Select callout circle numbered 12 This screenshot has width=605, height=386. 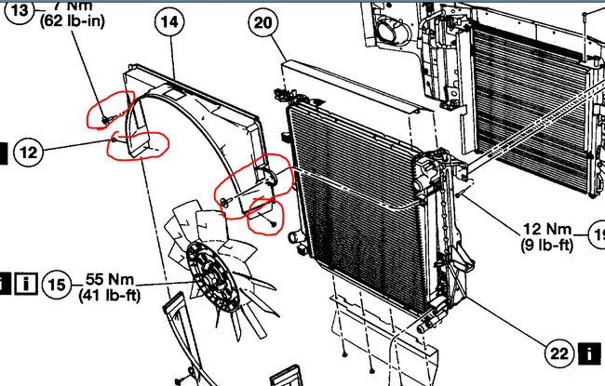click(31, 152)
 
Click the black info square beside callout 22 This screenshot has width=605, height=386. click(588, 353)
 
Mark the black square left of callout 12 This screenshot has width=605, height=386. click(3, 152)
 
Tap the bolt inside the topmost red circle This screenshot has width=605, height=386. click(104, 118)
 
